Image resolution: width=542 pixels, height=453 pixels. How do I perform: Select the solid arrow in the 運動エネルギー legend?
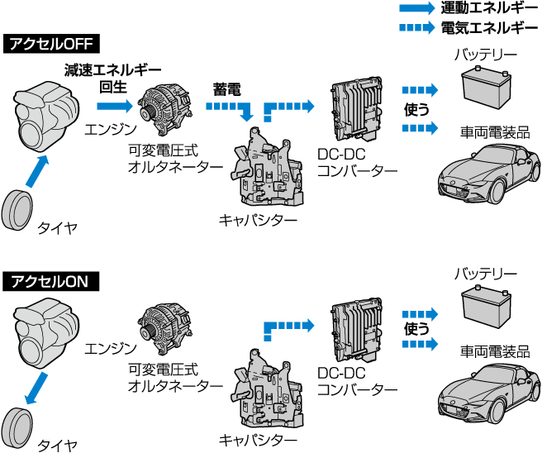(x=416, y=9)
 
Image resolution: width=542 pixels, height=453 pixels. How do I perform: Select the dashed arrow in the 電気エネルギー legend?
(x=416, y=27)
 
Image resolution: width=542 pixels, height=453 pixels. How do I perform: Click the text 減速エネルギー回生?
(x=112, y=78)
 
